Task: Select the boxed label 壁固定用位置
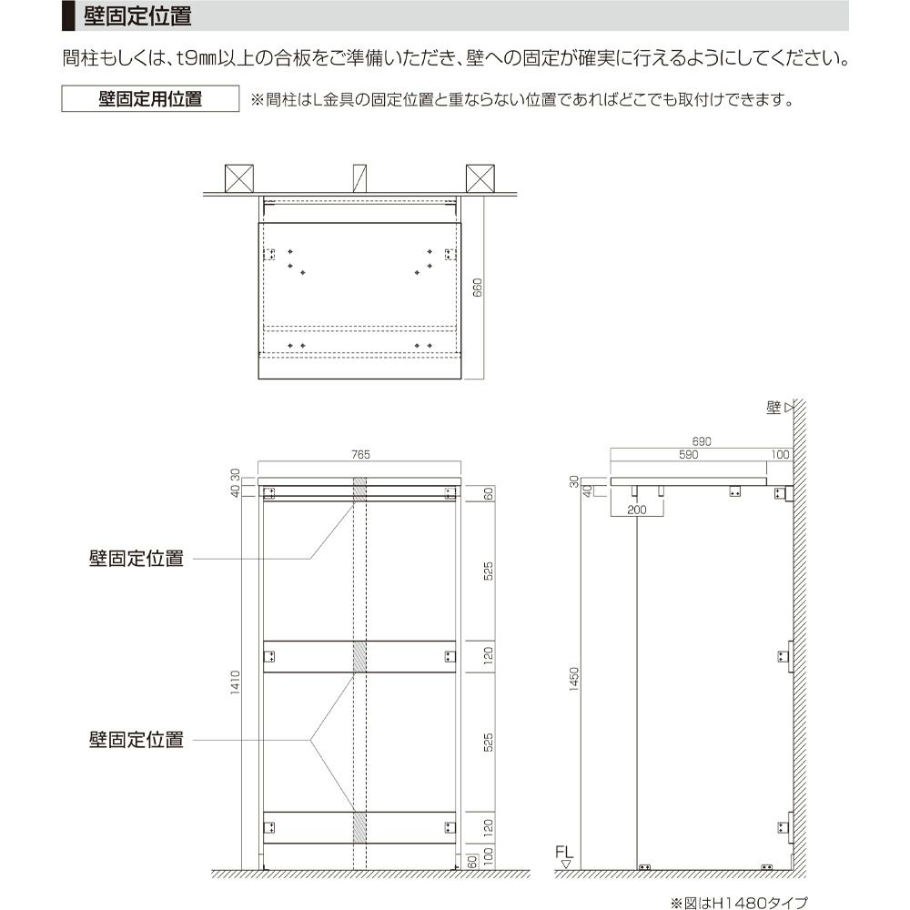click(150, 98)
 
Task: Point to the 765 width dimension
click(360, 455)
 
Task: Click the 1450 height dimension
click(573, 679)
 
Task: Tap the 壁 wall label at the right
click(774, 409)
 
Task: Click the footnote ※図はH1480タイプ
click(738, 902)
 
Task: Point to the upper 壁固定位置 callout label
click(136, 559)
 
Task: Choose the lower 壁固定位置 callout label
click(136, 739)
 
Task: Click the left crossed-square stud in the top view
click(239, 177)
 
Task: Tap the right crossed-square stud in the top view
click(480, 177)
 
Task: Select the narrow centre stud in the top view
click(360, 177)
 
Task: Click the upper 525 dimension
click(488, 571)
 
